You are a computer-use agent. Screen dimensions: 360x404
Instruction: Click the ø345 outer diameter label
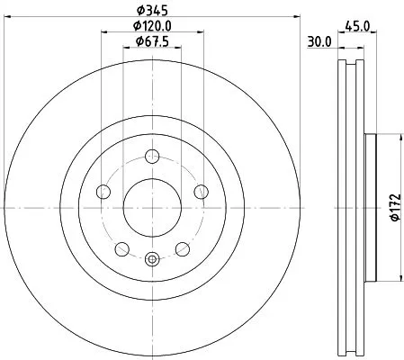coord(150,11)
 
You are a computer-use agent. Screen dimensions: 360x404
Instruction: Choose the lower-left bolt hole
coord(121,247)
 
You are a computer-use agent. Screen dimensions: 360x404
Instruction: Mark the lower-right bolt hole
coord(180,247)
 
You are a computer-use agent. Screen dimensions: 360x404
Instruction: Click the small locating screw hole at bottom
coord(150,259)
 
